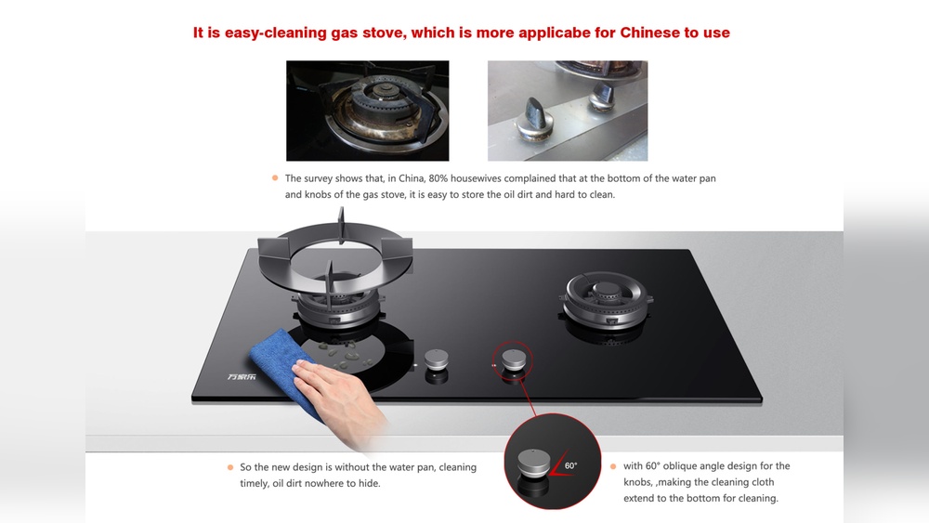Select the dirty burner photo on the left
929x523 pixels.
click(x=367, y=111)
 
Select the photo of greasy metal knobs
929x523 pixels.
click(x=568, y=111)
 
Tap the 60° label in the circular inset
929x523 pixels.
click(x=570, y=464)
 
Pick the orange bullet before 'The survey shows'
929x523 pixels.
click(x=275, y=177)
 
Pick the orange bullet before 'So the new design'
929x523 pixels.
click(x=229, y=466)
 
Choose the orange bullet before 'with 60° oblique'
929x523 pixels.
click(x=613, y=465)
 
